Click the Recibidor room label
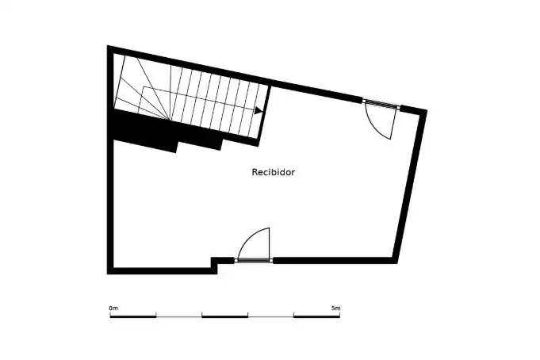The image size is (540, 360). point(273,172)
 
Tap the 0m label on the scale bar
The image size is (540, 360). point(113,308)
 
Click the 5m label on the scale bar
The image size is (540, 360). point(335,308)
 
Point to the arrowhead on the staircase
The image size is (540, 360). point(259,110)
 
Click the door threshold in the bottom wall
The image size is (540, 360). point(254,260)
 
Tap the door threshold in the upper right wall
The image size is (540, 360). point(381,103)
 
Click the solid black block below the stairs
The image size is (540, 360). point(162,131)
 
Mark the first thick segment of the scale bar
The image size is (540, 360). point(133,316)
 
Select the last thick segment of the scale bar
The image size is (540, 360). point(317,316)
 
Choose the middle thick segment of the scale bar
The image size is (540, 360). point(225,316)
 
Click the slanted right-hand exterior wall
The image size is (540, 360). point(409,186)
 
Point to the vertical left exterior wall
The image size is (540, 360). point(110,159)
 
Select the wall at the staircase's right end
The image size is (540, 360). point(264,116)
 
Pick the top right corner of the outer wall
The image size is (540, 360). point(427,110)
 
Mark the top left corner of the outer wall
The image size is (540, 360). point(108,45)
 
